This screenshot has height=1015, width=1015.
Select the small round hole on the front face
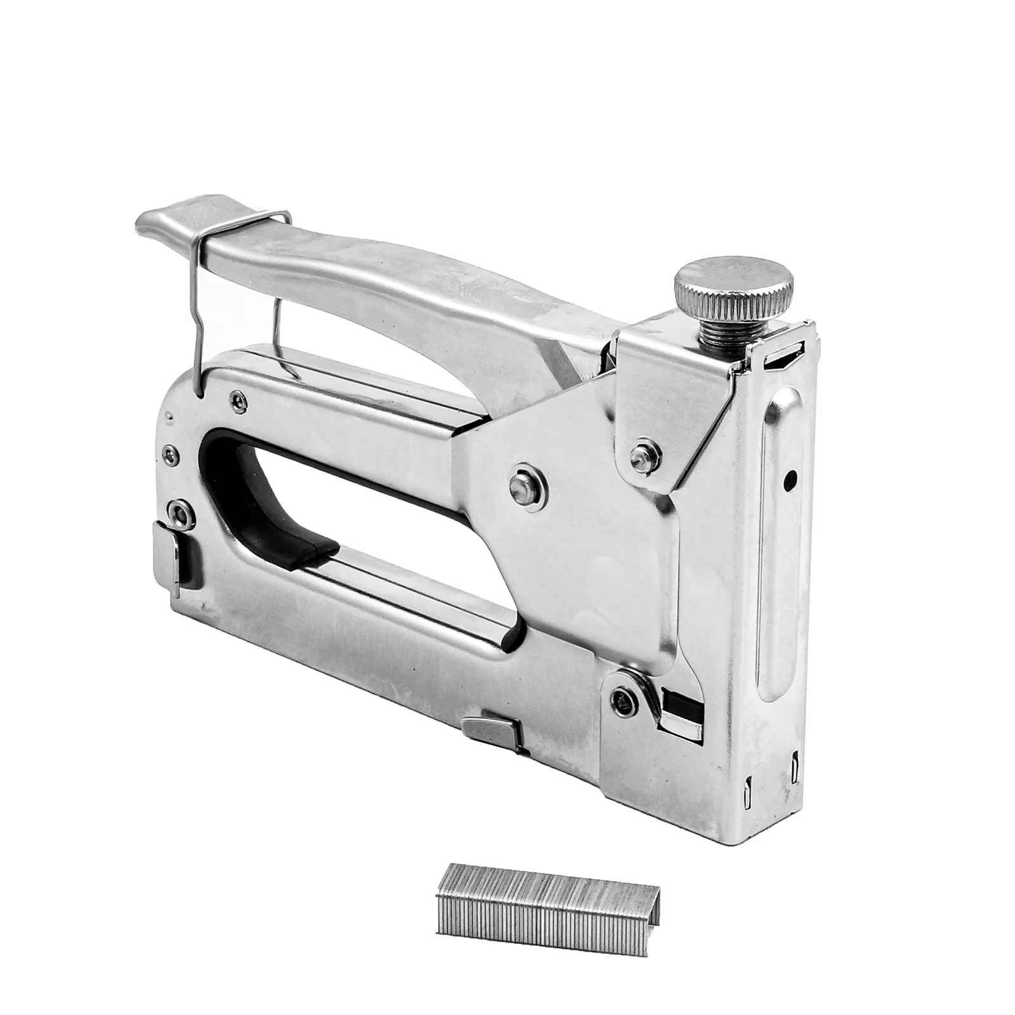click(x=790, y=480)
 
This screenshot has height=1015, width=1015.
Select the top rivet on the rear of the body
click(x=239, y=399)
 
